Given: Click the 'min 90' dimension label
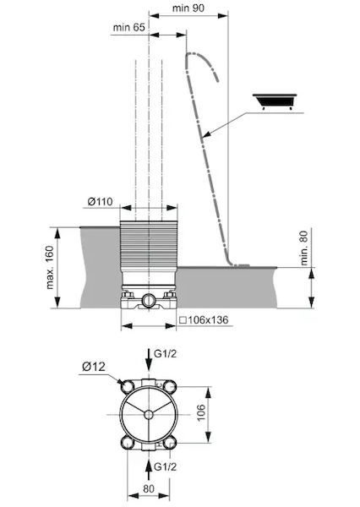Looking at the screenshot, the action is point(188,8).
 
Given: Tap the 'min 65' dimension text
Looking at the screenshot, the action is point(128,27).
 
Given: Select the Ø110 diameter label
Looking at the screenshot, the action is point(101,202).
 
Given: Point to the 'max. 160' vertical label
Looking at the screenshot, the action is point(50,267).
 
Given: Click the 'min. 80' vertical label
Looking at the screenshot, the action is point(304,248).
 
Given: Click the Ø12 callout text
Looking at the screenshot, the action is point(94,367).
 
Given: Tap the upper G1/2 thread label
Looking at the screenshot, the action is point(166,354).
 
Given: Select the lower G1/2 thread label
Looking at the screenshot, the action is point(166,466).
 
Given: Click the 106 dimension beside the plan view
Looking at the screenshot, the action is point(201,412).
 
